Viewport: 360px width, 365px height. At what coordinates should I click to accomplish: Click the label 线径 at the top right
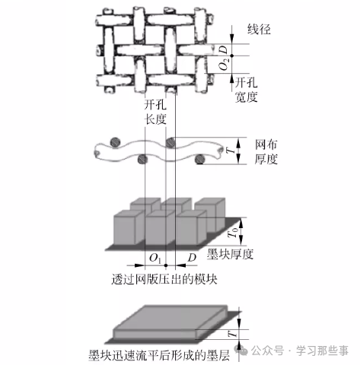tap(259, 30)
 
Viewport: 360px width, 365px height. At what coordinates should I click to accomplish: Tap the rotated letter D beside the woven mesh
tap(224, 49)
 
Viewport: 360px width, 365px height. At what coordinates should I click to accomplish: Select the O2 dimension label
tap(224, 65)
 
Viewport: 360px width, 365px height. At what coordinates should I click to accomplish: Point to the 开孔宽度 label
tap(246, 90)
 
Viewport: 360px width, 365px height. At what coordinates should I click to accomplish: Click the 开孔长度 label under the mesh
tap(155, 113)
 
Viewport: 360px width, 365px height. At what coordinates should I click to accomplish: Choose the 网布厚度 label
tap(266, 152)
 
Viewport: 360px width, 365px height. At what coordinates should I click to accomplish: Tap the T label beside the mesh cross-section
tap(231, 151)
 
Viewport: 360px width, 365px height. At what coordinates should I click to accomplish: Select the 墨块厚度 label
tap(230, 254)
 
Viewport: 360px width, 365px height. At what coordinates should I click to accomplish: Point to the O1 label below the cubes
tap(155, 259)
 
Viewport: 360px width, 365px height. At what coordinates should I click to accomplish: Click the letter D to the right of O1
tap(192, 258)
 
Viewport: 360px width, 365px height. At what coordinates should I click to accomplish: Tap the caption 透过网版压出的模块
tap(164, 279)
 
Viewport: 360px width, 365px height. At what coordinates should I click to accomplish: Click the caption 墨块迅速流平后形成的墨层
tap(159, 355)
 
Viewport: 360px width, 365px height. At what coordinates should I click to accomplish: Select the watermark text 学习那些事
tap(322, 351)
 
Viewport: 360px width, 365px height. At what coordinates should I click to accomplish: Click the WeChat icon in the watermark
tap(241, 351)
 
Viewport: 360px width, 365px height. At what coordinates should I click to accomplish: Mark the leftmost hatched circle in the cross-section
tap(115, 141)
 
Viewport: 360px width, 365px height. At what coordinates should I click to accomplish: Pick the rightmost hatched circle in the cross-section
tap(200, 159)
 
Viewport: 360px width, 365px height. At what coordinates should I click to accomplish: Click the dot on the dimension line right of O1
tap(166, 265)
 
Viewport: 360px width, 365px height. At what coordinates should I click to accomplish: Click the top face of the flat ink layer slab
tap(170, 318)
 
